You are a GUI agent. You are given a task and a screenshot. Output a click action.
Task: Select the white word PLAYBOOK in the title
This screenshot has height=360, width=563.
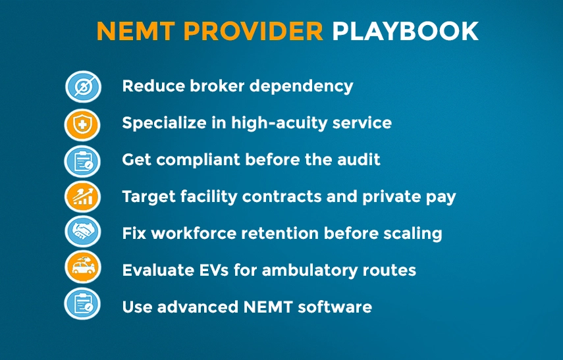405,32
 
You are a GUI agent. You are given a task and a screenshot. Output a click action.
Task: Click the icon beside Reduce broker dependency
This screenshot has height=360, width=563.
82,86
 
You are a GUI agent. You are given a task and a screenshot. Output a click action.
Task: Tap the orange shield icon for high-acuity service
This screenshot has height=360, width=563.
82,124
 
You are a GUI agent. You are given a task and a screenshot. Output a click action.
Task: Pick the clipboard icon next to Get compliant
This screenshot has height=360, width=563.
82,161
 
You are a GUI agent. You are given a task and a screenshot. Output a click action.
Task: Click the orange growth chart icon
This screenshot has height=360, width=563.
82,197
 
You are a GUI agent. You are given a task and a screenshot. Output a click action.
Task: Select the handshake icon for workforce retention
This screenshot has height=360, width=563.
82,233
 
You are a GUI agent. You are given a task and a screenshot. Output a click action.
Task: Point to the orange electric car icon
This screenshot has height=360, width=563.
82,269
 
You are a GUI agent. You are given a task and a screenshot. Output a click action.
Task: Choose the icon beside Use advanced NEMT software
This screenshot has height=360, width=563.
82,305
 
